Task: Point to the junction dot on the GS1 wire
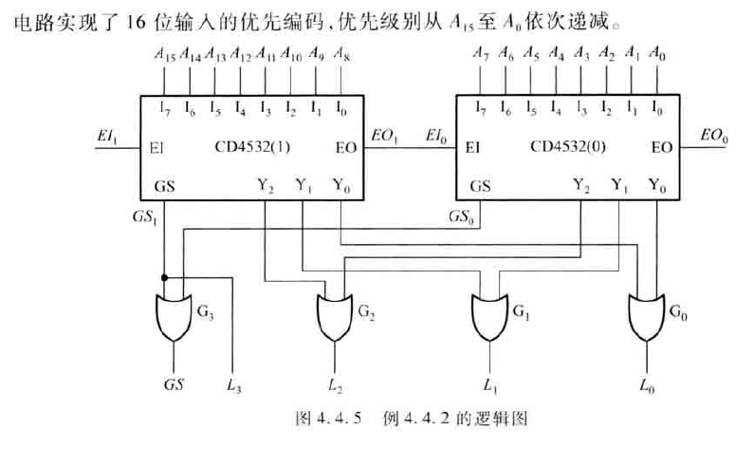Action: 164,278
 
